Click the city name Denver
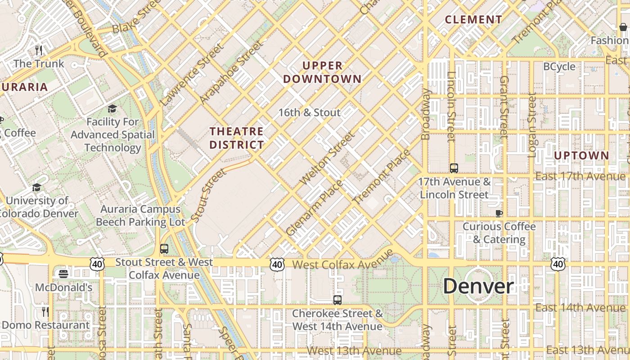pyautogui.click(x=478, y=286)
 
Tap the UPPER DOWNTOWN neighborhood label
pyautogui.click(x=322, y=72)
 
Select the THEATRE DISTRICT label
pyautogui.click(x=237, y=138)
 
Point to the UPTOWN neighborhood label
pyautogui.click(x=581, y=156)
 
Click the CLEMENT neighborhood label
pyautogui.click(x=473, y=20)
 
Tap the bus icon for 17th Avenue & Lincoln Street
pyautogui.click(x=454, y=168)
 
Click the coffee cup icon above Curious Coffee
pyautogui.click(x=499, y=213)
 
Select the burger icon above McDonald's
pyautogui.click(x=63, y=274)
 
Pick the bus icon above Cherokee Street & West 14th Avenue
pyautogui.click(x=337, y=300)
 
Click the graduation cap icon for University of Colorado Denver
pyautogui.click(x=36, y=187)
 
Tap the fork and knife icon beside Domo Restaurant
pyautogui.click(x=45, y=311)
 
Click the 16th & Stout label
pyautogui.click(x=310, y=112)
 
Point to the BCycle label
pyautogui.click(x=559, y=67)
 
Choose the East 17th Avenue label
pyautogui.click(x=580, y=176)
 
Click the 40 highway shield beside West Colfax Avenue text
pyautogui.click(x=277, y=265)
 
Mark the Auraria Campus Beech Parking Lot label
pyautogui.click(x=140, y=216)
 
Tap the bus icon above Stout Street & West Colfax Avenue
pyautogui.click(x=164, y=248)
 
